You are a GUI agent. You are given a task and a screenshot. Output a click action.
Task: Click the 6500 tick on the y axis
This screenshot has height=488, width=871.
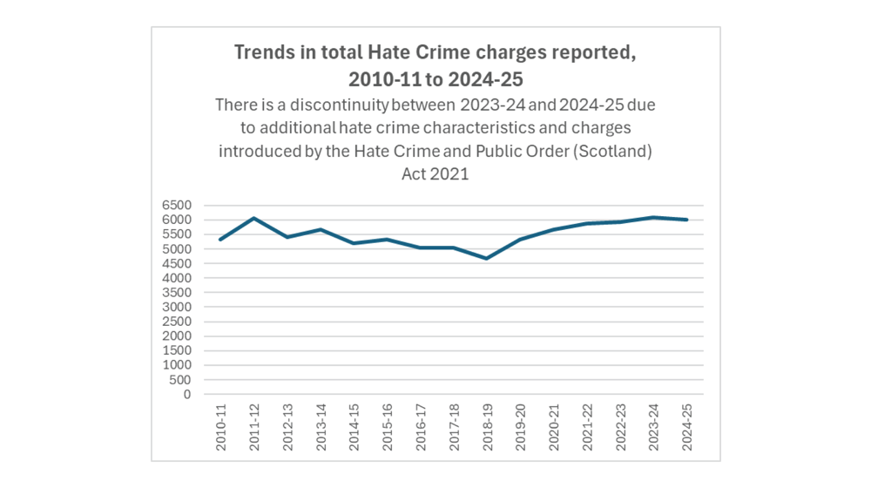175,206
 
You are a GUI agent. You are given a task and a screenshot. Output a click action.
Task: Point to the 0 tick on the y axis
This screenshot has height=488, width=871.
186,394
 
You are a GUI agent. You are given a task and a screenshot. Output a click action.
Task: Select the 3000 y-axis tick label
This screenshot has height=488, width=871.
175,307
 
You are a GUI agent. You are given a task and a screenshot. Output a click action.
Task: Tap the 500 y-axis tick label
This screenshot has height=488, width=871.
179,380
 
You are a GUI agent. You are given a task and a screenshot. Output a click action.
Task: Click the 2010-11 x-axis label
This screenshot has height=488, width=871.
221,426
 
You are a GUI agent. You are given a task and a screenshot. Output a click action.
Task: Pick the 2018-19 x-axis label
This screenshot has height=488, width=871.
488,426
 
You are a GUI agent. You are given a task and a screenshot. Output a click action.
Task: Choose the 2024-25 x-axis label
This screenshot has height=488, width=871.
687,426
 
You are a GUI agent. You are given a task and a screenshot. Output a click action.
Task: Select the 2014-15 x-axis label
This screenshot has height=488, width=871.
354,426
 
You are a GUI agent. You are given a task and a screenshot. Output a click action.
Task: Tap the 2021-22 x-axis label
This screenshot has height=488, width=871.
588,426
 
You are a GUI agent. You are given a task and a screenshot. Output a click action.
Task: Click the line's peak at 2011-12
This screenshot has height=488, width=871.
254,219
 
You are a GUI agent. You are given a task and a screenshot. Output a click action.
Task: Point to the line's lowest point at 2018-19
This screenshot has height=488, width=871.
488,259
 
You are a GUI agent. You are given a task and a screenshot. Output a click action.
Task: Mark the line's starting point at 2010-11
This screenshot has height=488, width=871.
221,240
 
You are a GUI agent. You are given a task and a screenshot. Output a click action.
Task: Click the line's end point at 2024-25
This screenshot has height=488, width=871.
687,220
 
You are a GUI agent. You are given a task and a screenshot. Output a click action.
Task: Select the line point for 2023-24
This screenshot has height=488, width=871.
654,217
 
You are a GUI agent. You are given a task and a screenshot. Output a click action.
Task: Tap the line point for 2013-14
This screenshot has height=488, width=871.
321,230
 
